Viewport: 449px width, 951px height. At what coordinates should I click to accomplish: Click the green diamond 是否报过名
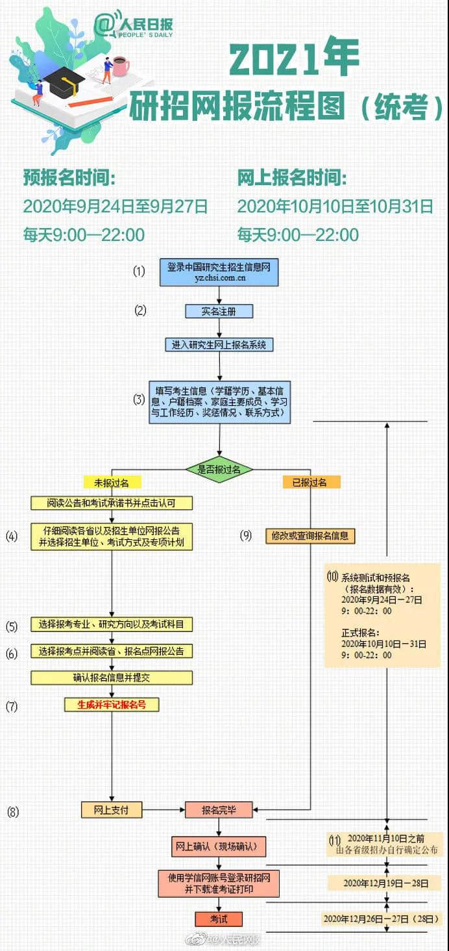[x=219, y=469]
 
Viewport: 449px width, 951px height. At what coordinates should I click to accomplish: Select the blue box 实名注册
[x=219, y=311]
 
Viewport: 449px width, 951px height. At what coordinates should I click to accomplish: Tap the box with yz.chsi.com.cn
[x=219, y=272]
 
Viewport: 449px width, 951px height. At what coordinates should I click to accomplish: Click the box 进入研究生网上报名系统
[x=219, y=345]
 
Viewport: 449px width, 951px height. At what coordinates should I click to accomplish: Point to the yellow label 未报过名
[x=112, y=483]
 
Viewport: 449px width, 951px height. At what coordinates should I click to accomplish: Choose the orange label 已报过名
[x=311, y=483]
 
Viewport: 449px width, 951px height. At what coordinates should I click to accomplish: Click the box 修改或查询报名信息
[x=311, y=536]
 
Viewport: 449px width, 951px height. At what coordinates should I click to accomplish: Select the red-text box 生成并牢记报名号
[x=112, y=704]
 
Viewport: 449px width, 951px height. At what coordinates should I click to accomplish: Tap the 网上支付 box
[x=112, y=810]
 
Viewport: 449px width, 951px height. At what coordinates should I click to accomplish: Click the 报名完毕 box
[x=219, y=810]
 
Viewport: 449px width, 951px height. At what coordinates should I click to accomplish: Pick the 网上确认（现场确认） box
[x=219, y=846]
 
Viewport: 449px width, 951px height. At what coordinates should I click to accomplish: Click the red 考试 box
[x=219, y=919]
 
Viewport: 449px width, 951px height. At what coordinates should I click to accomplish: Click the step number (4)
[x=12, y=537]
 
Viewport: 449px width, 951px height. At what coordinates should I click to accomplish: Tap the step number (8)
[x=13, y=811]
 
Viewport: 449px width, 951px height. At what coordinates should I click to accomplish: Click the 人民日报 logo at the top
[x=134, y=25]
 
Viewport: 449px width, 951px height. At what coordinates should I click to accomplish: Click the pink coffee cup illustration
[x=121, y=66]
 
